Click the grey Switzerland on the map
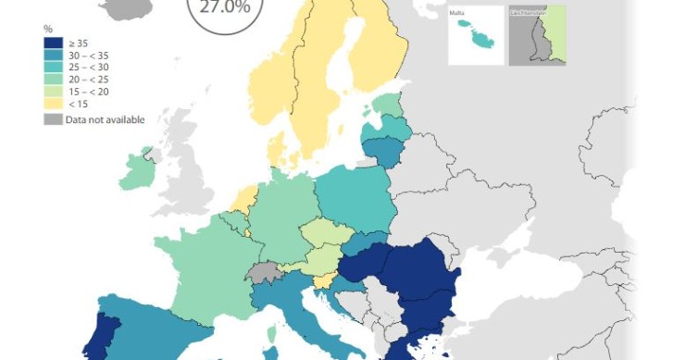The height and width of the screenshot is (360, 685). [264, 273]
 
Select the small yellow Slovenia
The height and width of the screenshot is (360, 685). [323, 281]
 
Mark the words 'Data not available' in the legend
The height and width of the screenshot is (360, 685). [105, 119]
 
